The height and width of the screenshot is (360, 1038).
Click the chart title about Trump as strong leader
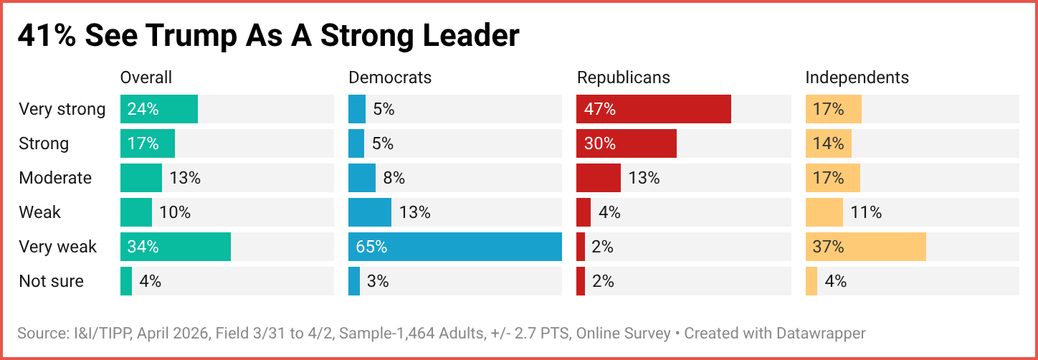(x=268, y=36)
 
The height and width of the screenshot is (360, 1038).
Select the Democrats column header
(x=390, y=77)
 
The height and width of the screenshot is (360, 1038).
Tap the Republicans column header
(x=624, y=77)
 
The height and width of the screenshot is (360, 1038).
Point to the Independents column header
(x=857, y=77)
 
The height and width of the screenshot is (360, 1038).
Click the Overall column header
(x=146, y=77)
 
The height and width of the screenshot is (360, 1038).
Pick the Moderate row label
(x=55, y=178)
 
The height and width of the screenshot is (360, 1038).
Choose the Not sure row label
(x=51, y=281)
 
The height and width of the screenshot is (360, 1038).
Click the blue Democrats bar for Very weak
(x=455, y=247)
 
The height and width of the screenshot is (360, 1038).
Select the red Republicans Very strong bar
(x=654, y=109)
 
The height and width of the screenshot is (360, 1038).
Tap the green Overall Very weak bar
(x=176, y=247)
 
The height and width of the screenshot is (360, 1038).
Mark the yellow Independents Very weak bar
(x=866, y=247)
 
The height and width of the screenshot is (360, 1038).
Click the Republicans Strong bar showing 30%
(x=627, y=143)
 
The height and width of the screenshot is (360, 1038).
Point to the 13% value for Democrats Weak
(x=415, y=212)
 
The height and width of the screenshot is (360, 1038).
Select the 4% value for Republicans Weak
(x=609, y=212)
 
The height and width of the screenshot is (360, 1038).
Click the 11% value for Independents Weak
(x=866, y=212)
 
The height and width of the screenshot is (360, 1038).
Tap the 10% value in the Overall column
(x=175, y=212)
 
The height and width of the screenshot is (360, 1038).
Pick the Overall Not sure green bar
(x=126, y=281)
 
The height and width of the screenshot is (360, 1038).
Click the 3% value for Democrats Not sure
(x=378, y=281)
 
